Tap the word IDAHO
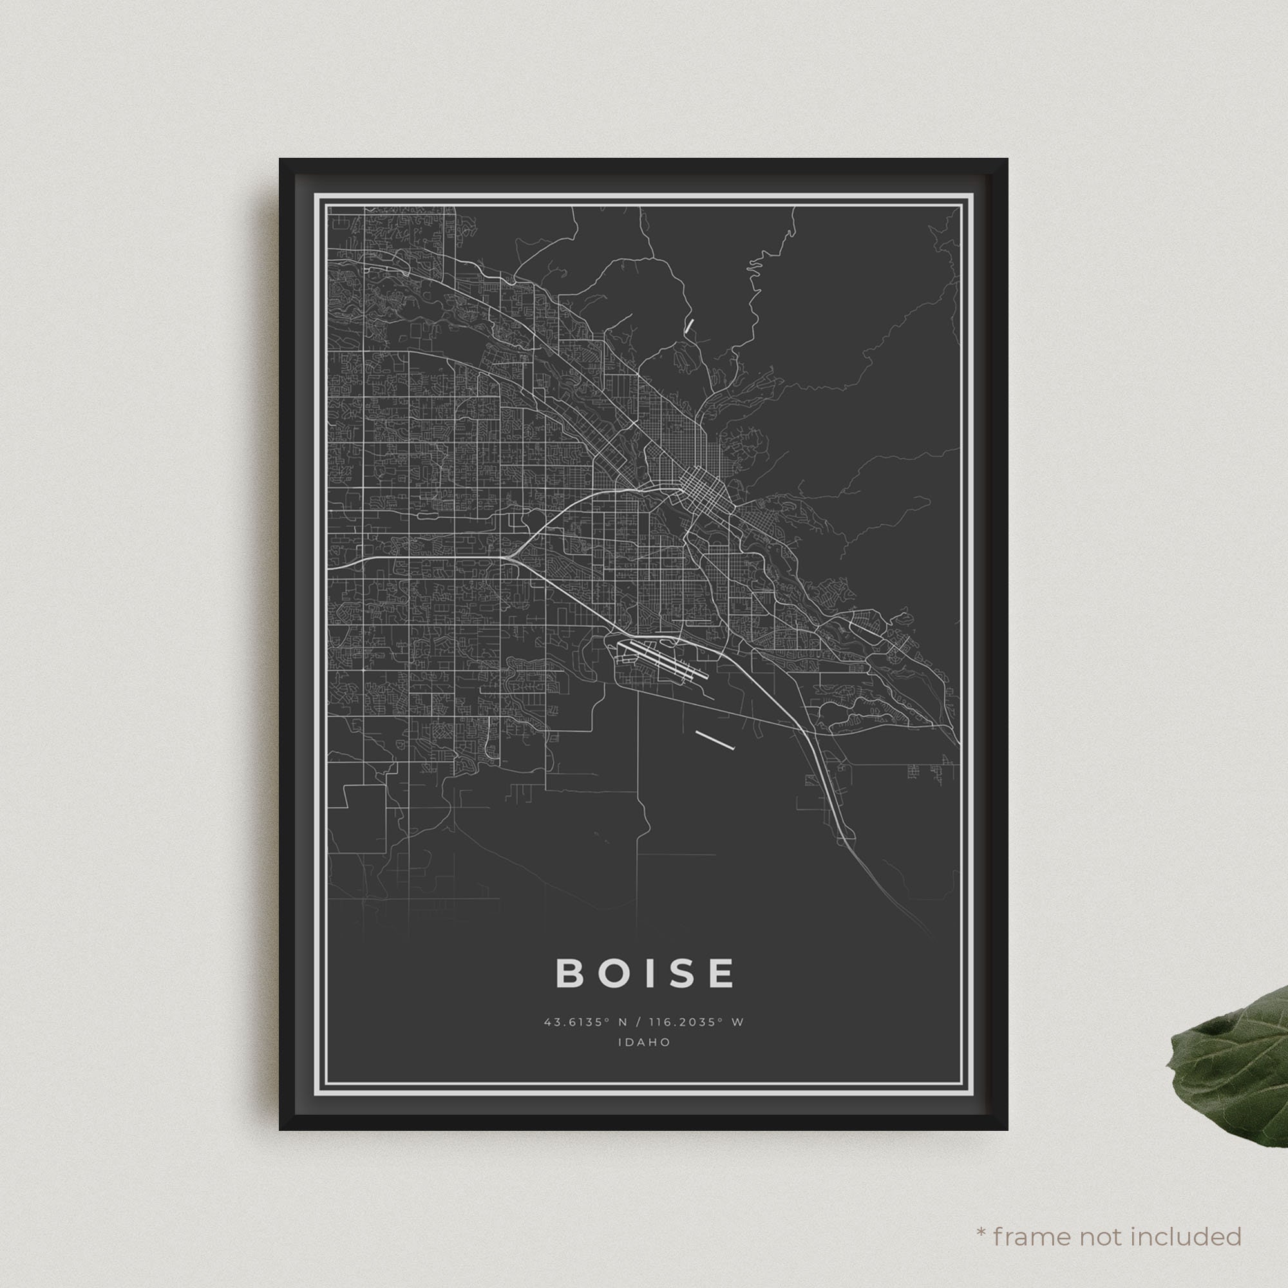[644, 1042]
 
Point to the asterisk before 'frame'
[981, 1215]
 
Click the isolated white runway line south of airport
[714, 740]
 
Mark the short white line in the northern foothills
[688, 325]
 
